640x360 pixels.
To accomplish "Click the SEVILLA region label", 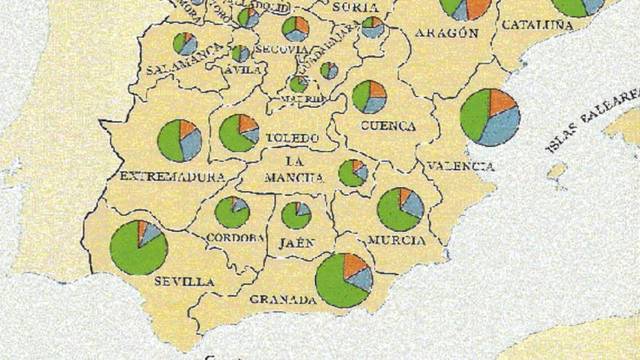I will (x=185, y=283).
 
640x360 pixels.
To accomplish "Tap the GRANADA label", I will (x=283, y=299).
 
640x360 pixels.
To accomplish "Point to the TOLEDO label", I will (x=292, y=136).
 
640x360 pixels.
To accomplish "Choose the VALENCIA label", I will (x=461, y=165).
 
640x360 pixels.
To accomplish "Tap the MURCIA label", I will (x=396, y=241).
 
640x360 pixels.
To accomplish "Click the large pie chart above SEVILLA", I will (x=139, y=247).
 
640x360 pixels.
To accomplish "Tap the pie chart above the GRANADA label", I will (x=344, y=279).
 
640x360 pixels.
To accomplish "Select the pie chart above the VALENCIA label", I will (x=490, y=117).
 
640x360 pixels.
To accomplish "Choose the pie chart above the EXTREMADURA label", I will (x=180, y=140).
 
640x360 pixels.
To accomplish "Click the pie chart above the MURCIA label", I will (x=400, y=209).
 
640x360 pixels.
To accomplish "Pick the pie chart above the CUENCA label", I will (x=369, y=96).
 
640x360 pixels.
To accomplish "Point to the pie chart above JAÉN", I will (x=296, y=215).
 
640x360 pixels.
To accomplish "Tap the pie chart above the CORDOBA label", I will (x=232, y=211).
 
